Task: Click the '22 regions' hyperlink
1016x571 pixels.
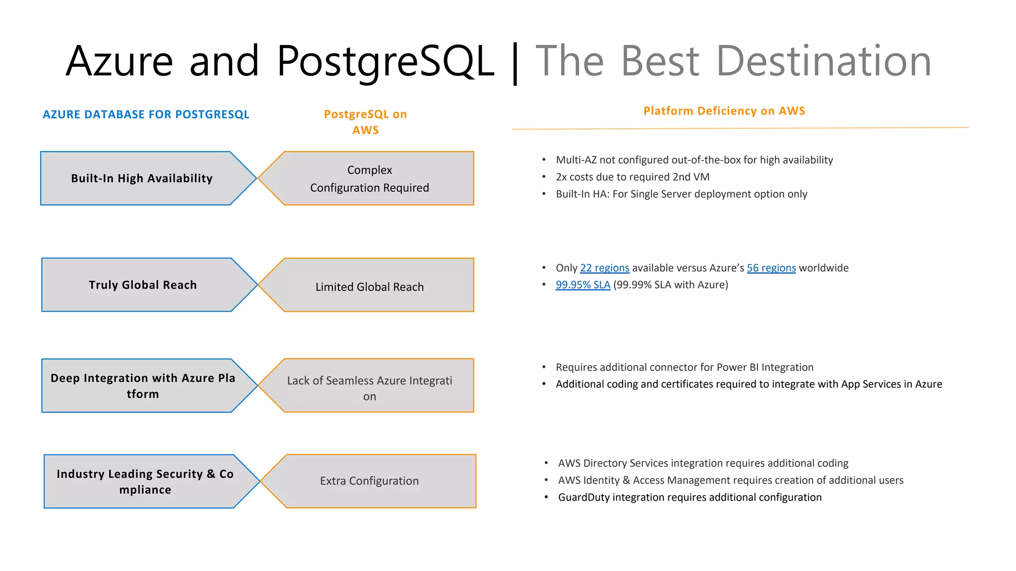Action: click(x=604, y=268)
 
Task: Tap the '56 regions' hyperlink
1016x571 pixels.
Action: click(x=771, y=268)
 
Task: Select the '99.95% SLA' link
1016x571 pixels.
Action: click(x=582, y=285)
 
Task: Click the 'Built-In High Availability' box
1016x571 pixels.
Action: click(x=142, y=178)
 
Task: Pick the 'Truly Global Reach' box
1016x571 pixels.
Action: click(x=143, y=285)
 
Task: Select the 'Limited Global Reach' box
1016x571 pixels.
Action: click(x=370, y=286)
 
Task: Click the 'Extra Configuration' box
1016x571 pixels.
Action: click(x=370, y=481)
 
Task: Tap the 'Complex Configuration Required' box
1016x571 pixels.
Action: click(x=370, y=178)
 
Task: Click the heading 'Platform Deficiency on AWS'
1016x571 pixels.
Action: click(x=724, y=111)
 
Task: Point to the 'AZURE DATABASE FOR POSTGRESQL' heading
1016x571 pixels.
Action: click(x=146, y=114)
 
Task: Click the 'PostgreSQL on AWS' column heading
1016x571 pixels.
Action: click(x=365, y=122)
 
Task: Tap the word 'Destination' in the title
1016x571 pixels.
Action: click(x=824, y=61)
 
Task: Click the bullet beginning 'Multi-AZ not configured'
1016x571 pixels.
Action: click(x=694, y=160)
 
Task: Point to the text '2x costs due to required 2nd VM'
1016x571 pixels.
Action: click(x=633, y=177)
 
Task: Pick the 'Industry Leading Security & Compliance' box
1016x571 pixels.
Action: click(x=145, y=482)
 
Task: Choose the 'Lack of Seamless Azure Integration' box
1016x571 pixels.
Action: click(x=370, y=388)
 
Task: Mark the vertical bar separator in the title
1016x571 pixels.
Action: click(x=515, y=62)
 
